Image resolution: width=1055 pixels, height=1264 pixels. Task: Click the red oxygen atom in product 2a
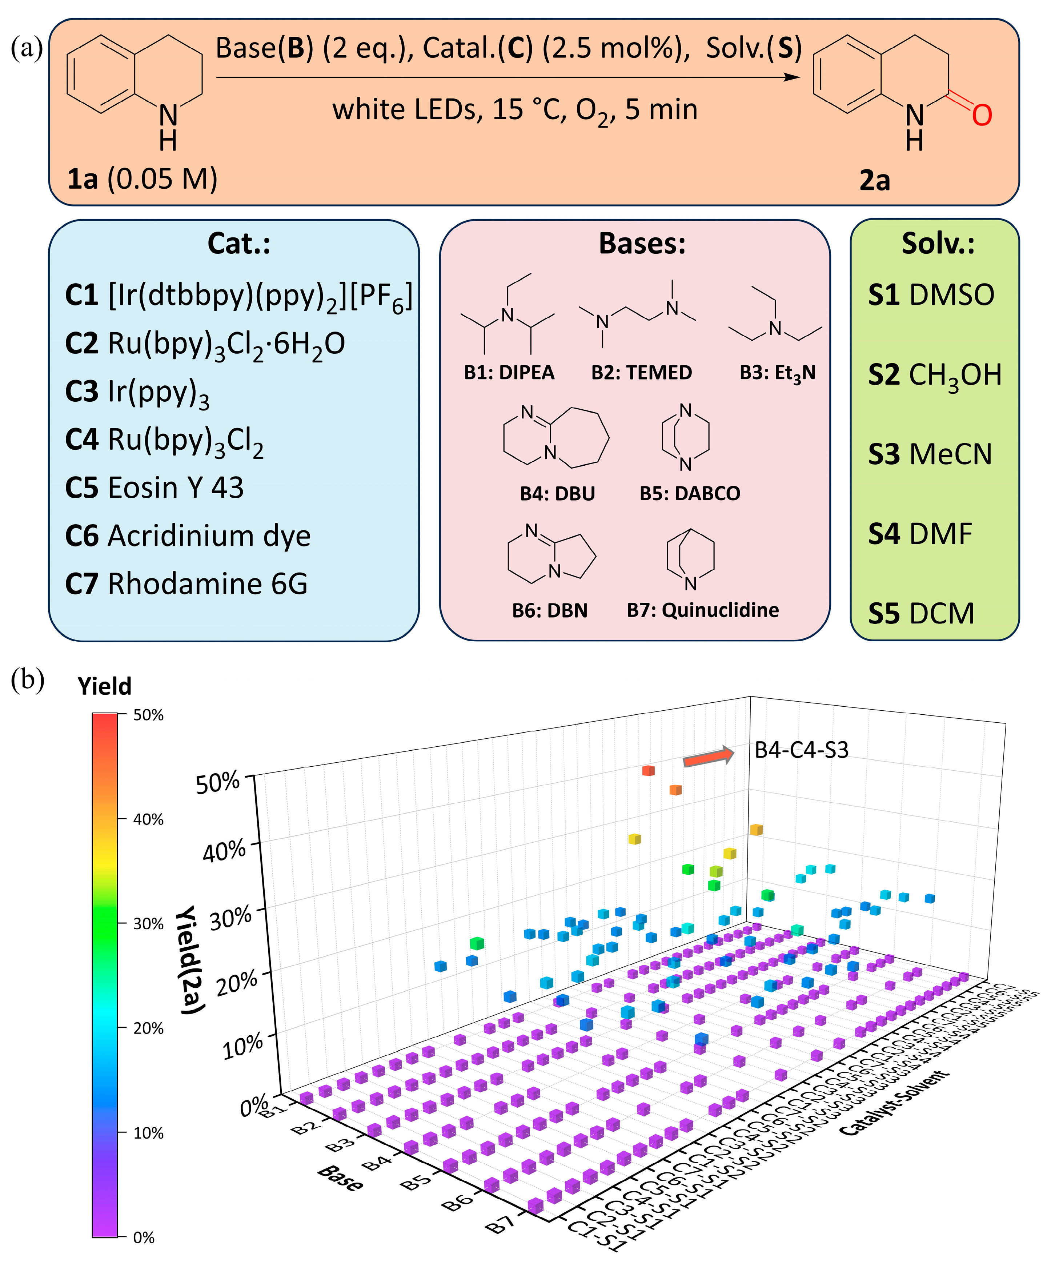[982, 115]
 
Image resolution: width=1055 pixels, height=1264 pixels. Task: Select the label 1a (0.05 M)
[142, 179]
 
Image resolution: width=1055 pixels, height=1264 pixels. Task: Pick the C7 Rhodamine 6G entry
[186, 584]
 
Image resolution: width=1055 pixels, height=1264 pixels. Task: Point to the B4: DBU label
[557, 494]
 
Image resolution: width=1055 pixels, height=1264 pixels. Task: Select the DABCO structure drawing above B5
[686, 438]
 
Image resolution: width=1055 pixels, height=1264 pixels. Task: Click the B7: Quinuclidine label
[703, 610]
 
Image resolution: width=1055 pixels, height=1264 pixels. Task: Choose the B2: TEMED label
[642, 373]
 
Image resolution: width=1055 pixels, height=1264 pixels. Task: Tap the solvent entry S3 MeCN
[930, 454]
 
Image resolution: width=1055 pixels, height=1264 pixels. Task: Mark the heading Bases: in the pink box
[642, 244]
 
